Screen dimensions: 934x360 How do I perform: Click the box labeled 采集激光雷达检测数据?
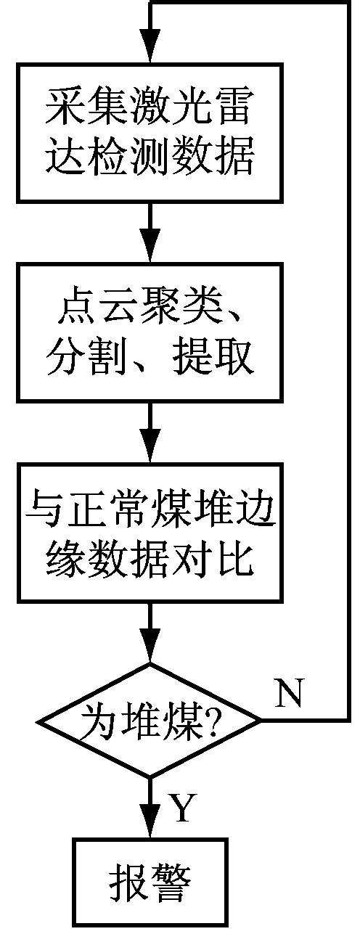(150, 133)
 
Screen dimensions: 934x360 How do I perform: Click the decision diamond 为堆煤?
(150, 721)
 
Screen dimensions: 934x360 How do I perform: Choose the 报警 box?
(150, 881)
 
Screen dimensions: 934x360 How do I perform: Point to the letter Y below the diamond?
(183, 807)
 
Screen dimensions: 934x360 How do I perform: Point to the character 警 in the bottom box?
(172, 882)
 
